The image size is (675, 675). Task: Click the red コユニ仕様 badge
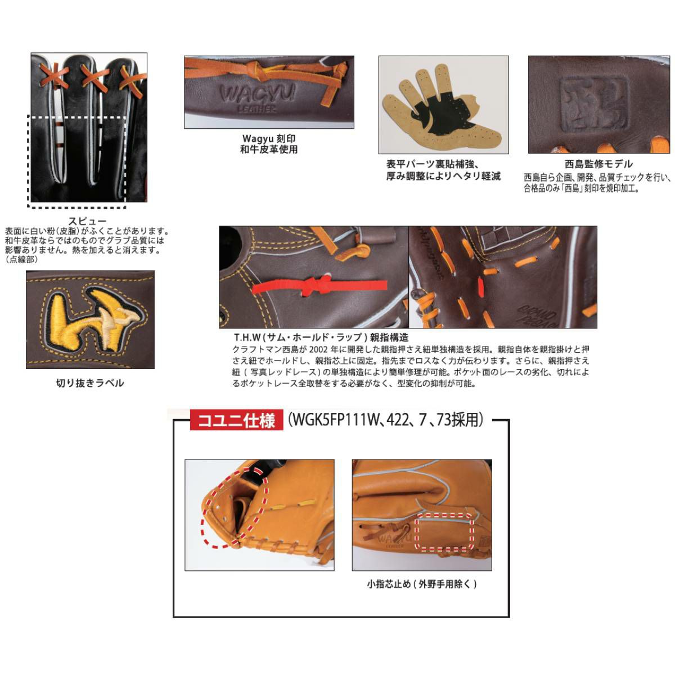tap(236, 420)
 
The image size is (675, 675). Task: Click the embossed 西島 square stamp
tap(594, 103)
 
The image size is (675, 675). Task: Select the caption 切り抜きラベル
tap(90, 383)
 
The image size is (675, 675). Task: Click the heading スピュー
tap(87, 220)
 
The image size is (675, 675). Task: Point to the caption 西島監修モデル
tap(598, 164)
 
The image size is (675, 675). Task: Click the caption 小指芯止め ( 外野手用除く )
tap(422, 584)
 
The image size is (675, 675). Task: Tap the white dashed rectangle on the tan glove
tap(444, 532)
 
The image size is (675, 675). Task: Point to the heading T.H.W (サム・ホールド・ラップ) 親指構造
tap(321, 337)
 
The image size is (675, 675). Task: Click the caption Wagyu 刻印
tap(269, 138)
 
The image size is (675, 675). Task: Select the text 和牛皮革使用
tap(269, 149)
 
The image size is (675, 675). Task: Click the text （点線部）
tap(21, 259)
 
